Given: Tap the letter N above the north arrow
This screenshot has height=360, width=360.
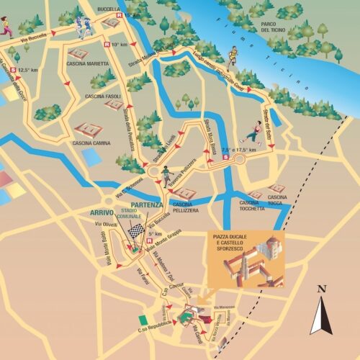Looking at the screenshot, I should pos(321,290).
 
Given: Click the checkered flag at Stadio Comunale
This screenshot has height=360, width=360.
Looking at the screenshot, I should pos(135,230).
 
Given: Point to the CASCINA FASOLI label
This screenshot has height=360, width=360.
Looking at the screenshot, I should pos(103,96).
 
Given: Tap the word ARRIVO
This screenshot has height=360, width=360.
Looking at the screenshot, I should pos(103,212).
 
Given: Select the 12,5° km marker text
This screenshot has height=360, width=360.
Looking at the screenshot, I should pos(27,70).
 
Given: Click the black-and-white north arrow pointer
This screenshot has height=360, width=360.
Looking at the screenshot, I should pos(320,317).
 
